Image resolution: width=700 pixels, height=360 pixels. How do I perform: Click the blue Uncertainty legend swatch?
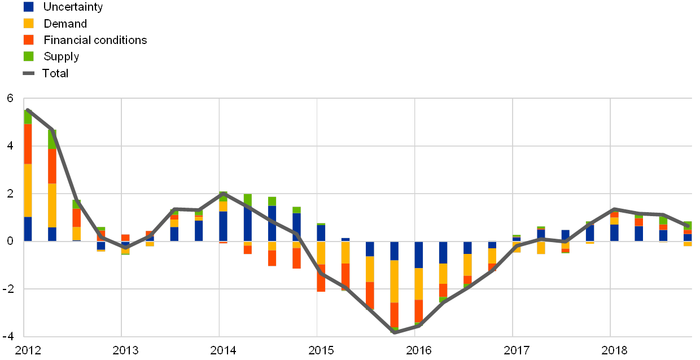(x=28, y=7)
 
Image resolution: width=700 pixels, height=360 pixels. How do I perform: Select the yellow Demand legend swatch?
(x=28, y=23)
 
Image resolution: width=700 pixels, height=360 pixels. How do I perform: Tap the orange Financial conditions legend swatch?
(x=28, y=39)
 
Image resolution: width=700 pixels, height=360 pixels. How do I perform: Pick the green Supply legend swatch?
(x=28, y=56)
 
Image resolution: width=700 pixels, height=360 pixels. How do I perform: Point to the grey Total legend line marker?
(x=28, y=73)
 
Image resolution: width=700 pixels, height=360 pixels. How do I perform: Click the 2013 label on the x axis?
(x=125, y=350)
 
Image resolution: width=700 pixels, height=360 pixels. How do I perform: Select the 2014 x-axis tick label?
(x=222, y=350)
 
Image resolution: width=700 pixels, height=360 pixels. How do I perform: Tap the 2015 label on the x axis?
(x=320, y=350)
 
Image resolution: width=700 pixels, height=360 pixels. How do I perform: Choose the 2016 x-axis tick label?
(x=418, y=350)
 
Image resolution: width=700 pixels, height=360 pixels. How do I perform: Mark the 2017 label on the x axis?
(x=515, y=350)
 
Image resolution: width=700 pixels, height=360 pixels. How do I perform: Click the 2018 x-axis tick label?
(x=614, y=350)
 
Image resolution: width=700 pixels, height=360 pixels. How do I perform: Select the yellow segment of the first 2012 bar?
(x=28, y=190)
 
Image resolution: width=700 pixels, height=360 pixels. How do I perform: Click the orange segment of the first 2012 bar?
(x=28, y=144)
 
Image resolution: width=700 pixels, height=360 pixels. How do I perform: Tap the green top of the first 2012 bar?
(x=28, y=117)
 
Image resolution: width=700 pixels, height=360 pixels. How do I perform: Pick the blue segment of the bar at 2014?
(x=223, y=226)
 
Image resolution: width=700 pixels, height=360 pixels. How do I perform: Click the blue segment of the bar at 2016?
(x=419, y=254)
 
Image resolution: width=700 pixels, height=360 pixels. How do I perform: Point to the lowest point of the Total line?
(x=395, y=332)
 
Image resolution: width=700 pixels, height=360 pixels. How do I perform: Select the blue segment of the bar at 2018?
(x=614, y=232)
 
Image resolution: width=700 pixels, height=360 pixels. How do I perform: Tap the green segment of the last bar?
(x=688, y=225)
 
